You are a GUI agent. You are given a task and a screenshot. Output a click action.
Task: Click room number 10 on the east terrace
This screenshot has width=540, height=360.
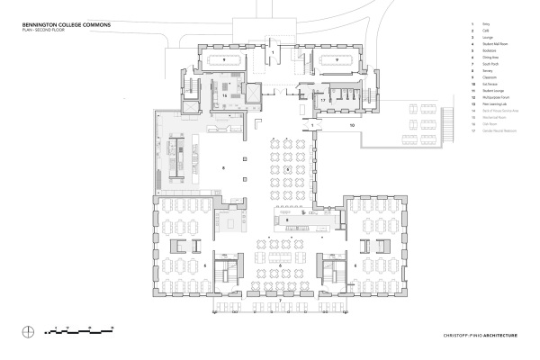(353, 125)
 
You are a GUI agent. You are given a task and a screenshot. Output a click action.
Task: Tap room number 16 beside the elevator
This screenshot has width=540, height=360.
(223, 93)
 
